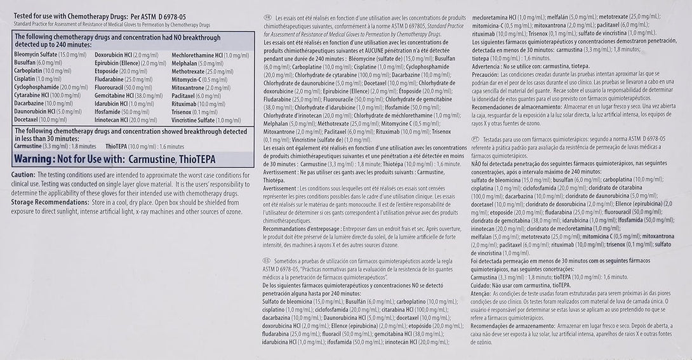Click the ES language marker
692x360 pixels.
pyautogui.click(x=267, y=260)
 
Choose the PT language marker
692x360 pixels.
pyautogui.click(x=476, y=137)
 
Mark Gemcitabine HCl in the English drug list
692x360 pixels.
pyautogui.click(x=114, y=95)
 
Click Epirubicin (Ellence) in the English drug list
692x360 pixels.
pyautogui.click(x=115, y=63)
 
